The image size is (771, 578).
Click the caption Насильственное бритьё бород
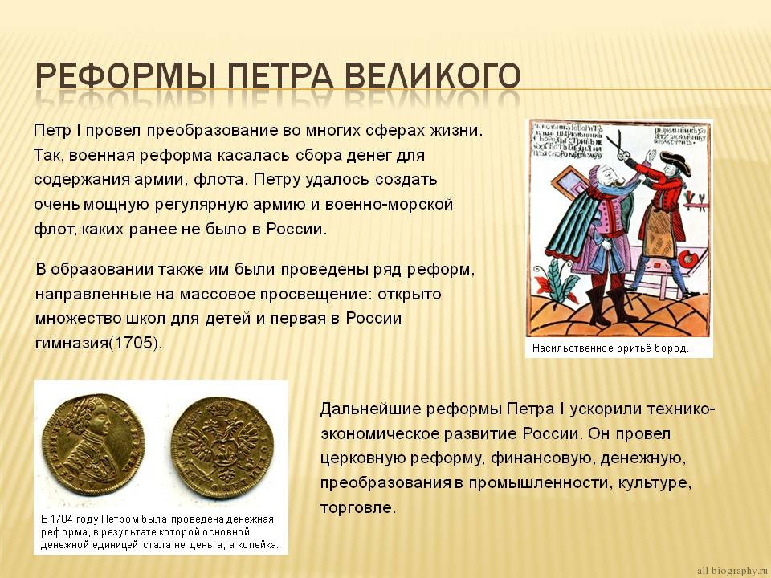coord(609,348)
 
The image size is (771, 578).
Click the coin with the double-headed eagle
coord(217,444)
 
